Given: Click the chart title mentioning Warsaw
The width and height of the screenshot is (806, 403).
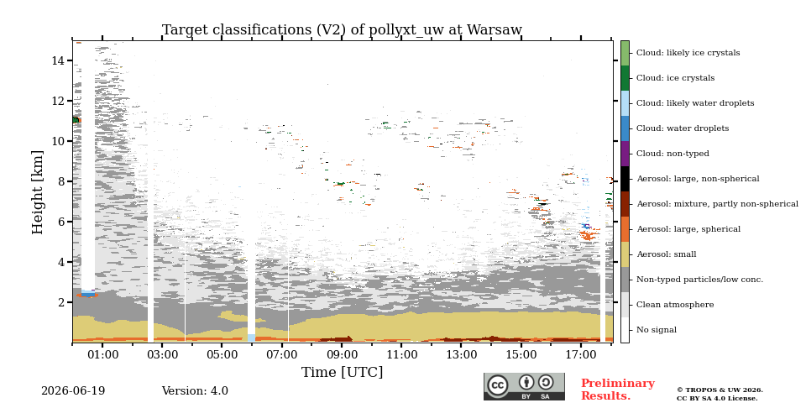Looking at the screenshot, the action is click(x=342, y=30).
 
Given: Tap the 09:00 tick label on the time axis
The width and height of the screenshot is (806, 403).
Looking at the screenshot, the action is click(x=342, y=354).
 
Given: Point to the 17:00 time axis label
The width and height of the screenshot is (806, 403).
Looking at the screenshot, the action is click(x=581, y=354).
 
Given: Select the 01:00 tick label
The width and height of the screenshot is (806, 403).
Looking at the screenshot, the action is click(x=102, y=354).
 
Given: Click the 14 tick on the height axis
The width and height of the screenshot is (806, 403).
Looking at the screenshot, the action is click(x=58, y=60).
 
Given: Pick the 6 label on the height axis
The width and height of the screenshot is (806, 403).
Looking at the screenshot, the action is click(x=61, y=222).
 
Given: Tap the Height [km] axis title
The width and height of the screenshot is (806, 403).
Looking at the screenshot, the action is click(x=38, y=192).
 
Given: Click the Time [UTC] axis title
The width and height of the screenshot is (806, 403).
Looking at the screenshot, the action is click(x=342, y=372).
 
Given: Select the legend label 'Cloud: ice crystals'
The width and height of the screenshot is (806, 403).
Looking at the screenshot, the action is click(x=675, y=78).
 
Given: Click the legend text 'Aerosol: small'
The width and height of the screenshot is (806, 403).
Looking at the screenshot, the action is click(x=666, y=254).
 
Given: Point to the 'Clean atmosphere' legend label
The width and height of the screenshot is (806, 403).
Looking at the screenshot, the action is click(x=675, y=305).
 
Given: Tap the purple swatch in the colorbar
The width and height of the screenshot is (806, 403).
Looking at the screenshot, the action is click(x=625, y=154).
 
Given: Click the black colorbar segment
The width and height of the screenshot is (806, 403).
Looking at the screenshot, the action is click(x=625, y=179).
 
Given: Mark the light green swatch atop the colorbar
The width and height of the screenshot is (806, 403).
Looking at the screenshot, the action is click(x=625, y=53).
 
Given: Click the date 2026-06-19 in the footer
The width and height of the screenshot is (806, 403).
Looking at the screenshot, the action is click(x=73, y=391).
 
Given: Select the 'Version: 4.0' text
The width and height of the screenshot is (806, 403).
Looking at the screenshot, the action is click(x=195, y=391).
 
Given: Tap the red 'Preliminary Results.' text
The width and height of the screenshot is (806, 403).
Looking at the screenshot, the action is click(x=618, y=390).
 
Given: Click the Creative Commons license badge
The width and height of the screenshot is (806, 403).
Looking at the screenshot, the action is click(x=524, y=386).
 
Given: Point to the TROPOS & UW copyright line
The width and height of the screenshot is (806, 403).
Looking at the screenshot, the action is click(x=720, y=390).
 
